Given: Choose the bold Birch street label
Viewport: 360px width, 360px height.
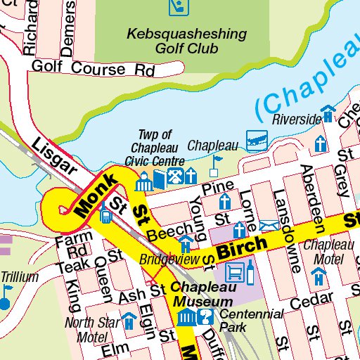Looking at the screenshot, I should [242, 247].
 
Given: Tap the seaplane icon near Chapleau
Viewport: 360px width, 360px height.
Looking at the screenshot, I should [256, 139].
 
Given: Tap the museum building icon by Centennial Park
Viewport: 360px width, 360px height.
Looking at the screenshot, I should [186, 318].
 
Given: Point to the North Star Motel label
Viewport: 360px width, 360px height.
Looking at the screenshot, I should [91, 328].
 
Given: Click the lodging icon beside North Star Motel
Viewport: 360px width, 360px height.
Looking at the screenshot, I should [129, 321].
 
